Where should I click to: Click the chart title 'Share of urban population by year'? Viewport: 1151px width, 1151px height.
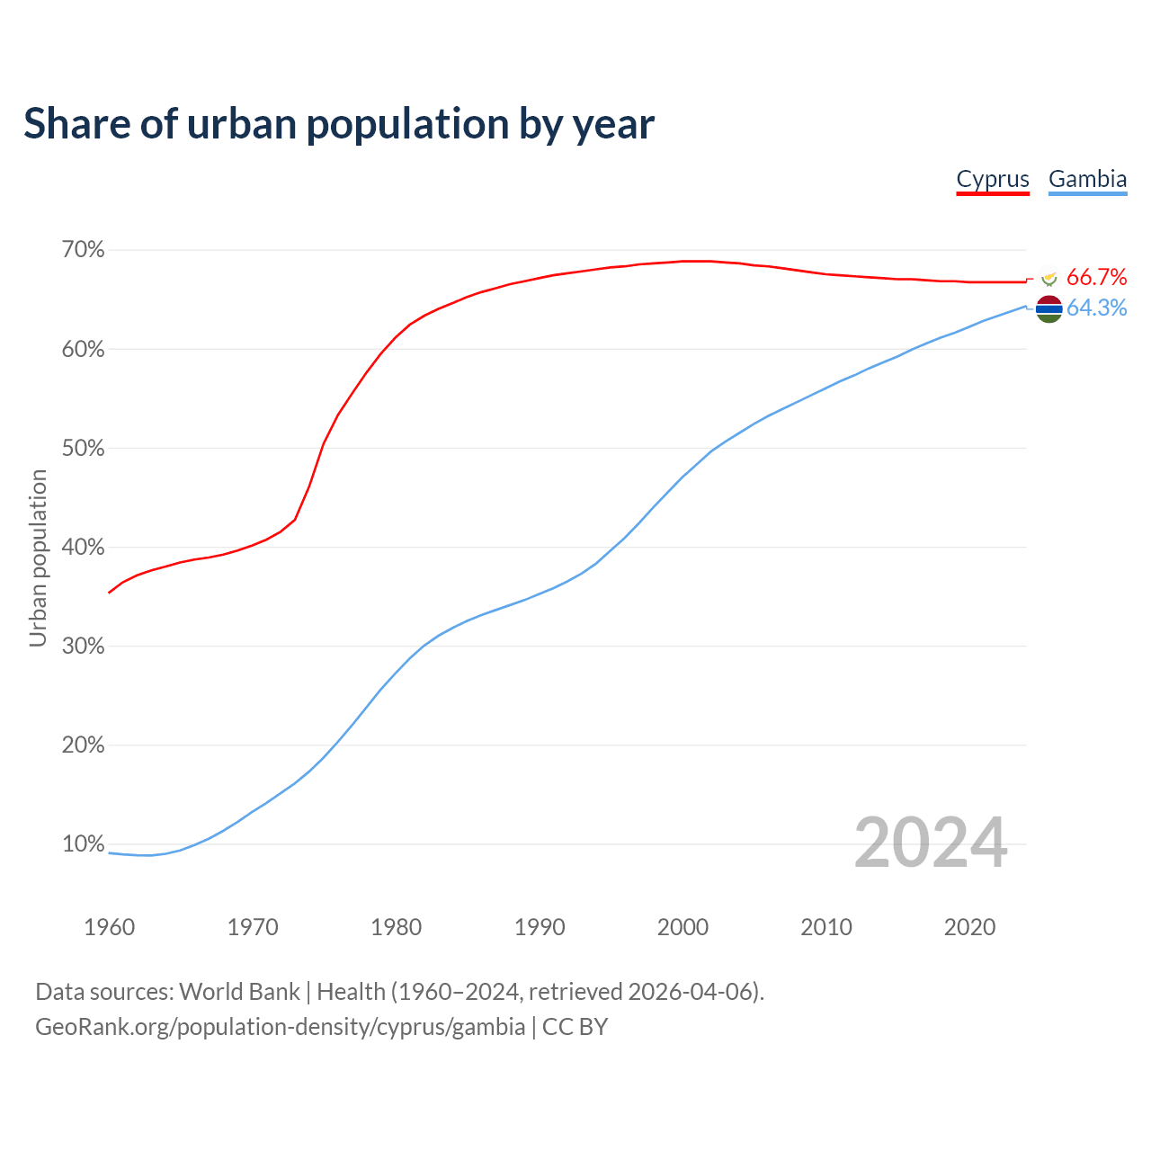(x=339, y=124)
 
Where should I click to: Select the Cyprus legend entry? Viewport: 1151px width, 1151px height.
(x=992, y=179)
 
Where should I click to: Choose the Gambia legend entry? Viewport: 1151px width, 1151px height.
(x=1087, y=179)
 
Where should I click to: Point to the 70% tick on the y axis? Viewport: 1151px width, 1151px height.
(x=83, y=250)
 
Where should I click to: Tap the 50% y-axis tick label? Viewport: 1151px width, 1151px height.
(x=83, y=448)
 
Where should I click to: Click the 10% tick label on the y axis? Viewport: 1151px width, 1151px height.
(x=83, y=844)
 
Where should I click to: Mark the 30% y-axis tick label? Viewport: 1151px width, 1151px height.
(x=83, y=647)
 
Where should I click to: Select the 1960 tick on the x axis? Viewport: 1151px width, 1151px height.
(x=109, y=927)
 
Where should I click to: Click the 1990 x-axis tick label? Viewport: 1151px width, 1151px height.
(x=540, y=927)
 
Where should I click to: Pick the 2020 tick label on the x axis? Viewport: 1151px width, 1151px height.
(x=969, y=927)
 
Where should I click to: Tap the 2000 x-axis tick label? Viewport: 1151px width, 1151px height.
(x=683, y=927)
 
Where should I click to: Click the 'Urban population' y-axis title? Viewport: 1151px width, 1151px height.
(x=38, y=558)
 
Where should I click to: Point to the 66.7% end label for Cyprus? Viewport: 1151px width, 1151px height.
(x=1096, y=277)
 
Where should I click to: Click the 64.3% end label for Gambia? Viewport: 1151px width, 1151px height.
(x=1096, y=308)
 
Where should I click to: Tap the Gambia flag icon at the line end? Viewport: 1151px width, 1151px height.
(x=1048, y=308)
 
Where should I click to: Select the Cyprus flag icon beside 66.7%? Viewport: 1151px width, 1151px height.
(x=1048, y=278)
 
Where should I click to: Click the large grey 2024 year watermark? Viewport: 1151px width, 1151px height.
(x=930, y=843)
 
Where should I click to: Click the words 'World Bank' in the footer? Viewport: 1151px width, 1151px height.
(x=239, y=992)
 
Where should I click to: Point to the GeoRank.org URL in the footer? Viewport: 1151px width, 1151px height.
(x=280, y=1027)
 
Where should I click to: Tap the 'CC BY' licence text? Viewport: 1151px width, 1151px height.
(x=575, y=1027)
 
